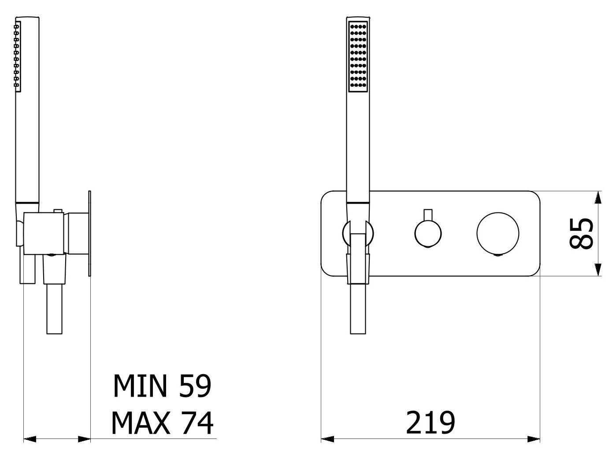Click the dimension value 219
430,423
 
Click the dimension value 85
581,234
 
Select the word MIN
140,386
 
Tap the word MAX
141,423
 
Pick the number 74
197,423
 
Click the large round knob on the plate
498,234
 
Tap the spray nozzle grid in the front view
358,56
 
